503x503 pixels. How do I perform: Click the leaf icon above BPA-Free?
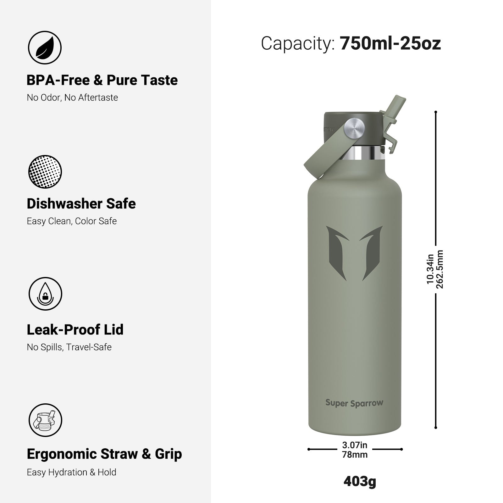click(x=45, y=48)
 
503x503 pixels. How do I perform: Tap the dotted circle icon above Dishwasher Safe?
click(x=45, y=172)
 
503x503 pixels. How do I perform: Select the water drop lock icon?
click(x=46, y=294)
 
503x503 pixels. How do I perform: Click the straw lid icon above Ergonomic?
click(x=46, y=420)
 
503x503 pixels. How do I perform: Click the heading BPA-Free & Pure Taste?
click(x=102, y=80)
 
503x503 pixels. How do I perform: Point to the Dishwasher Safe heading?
click(x=81, y=204)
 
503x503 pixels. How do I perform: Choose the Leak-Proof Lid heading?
click(x=75, y=329)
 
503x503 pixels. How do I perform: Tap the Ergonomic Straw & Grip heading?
click(x=104, y=454)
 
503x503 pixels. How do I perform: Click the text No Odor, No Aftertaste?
click(x=72, y=97)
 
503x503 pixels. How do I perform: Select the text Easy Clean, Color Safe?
click(x=72, y=221)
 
